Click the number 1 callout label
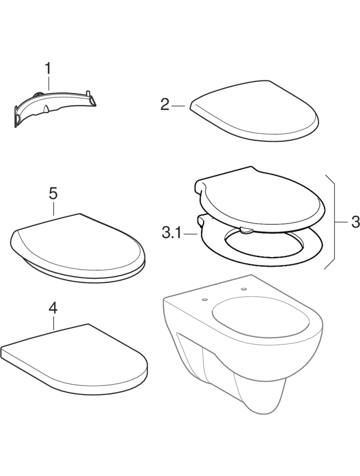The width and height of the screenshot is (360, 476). coord(48,69)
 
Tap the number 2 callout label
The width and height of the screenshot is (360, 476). coord(165,105)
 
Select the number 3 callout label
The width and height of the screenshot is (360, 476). coord(354,222)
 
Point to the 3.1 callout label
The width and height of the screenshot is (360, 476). coord(172,234)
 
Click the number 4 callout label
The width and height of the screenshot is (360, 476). coord(53,309)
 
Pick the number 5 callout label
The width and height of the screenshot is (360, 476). coord(53,194)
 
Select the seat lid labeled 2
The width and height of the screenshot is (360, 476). coord(254,111)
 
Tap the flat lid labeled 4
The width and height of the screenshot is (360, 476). coord(75,359)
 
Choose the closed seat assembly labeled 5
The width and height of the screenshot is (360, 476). coord(78,247)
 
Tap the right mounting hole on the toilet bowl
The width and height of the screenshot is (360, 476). coord(244,289)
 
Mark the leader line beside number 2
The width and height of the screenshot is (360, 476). coord(178,106)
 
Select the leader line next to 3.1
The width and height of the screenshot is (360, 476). coord(191,234)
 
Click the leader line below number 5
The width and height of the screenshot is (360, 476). coord(53,209)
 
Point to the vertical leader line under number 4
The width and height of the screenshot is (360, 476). coord(53,323)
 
